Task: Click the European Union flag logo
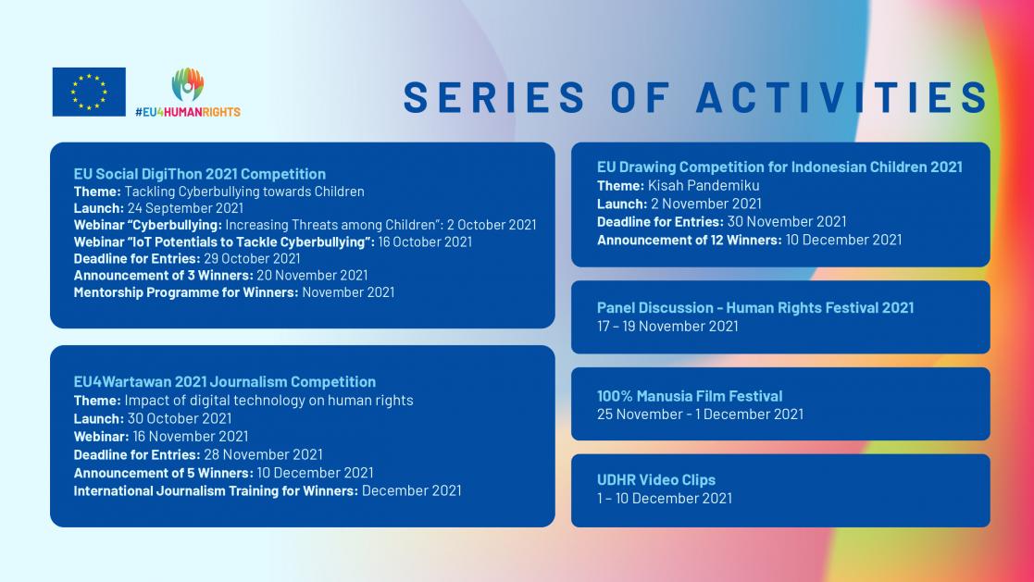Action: (x=89, y=92)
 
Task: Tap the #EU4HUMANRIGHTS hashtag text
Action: (x=187, y=112)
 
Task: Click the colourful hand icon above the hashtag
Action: (x=188, y=85)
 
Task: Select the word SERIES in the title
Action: (x=494, y=98)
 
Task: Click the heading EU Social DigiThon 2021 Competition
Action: (x=200, y=173)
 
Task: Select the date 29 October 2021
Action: (x=252, y=258)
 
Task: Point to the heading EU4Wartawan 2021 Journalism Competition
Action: (x=225, y=381)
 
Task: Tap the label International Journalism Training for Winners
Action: (x=216, y=490)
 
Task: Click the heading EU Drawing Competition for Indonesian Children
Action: (x=779, y=167)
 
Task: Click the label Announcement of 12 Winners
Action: (x=690, y=240)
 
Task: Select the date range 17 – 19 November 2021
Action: (x=667, y=326)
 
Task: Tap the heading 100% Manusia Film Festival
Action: (x=690, y=396)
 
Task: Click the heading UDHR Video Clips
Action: (x=656, y=480)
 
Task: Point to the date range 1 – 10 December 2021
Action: (x=665, y=498)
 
